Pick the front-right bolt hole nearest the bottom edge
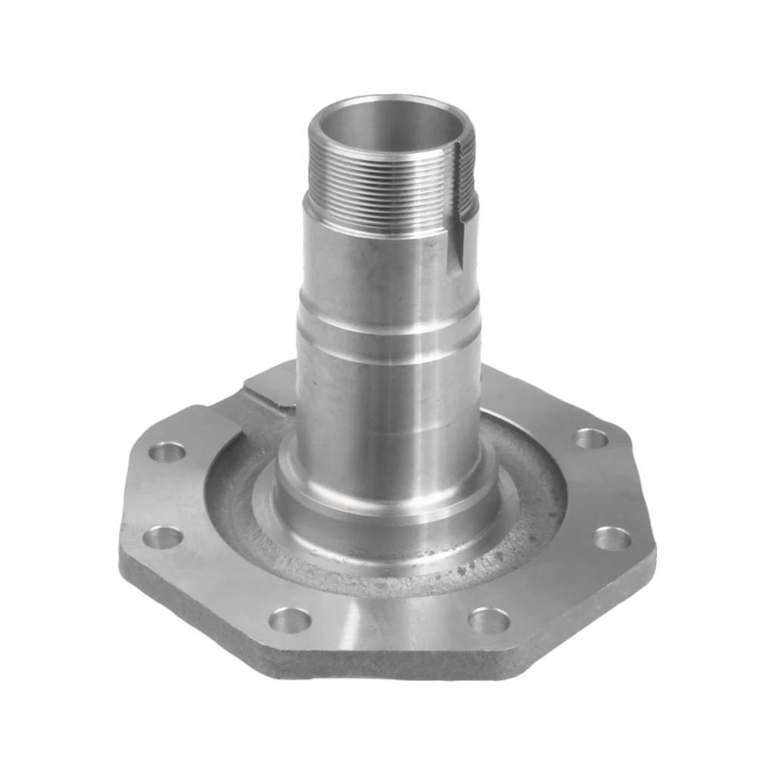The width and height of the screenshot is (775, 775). pos(487,619)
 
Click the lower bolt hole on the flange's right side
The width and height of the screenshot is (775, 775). pos(612,538)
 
